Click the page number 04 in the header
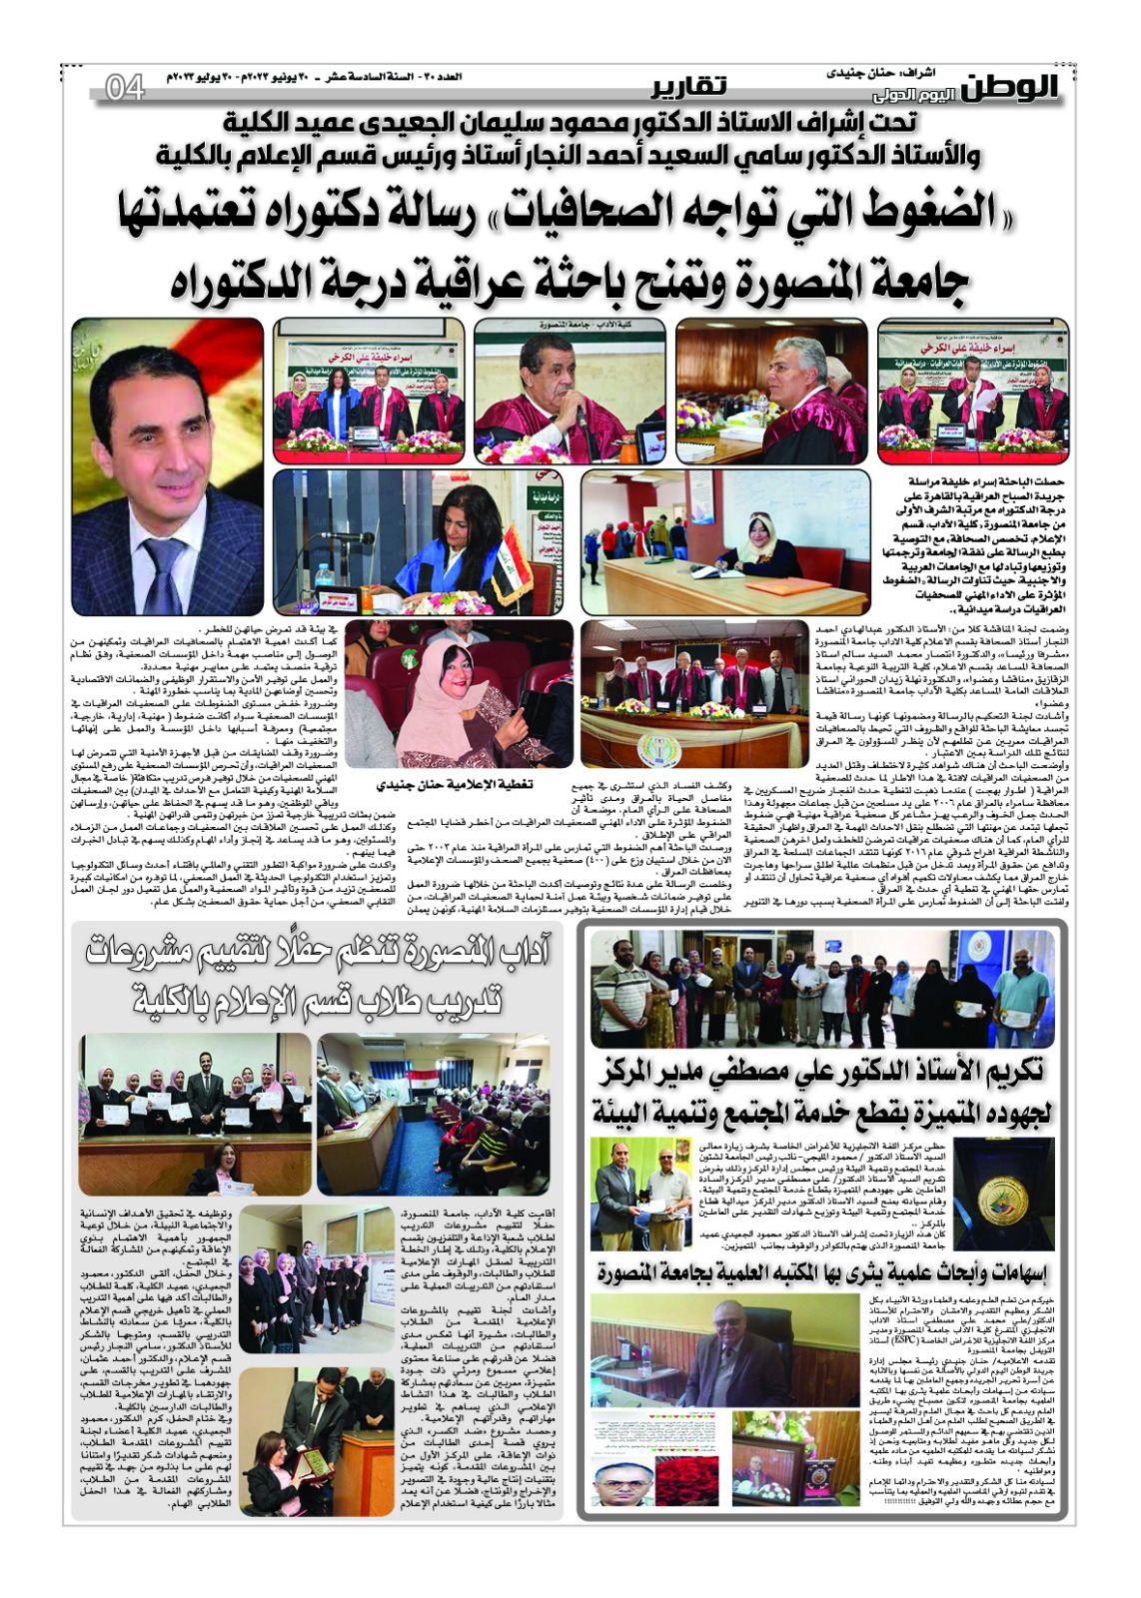125,88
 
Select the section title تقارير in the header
689,86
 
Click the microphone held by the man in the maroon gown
582,418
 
